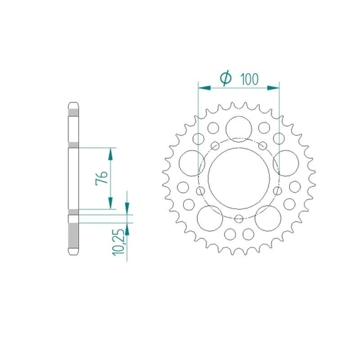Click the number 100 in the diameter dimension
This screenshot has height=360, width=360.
pos(249,79)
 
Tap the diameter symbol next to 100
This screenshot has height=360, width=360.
pos(225,78)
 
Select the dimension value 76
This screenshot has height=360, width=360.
pos(102,177)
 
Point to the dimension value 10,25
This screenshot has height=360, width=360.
pos(119,243)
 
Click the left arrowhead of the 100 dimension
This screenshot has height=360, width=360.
pos(205,88)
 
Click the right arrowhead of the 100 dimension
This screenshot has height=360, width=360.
pos(273,88)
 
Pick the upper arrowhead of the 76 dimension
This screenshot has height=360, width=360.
pos(111,154)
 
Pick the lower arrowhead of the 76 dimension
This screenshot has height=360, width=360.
pos(111,203)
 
